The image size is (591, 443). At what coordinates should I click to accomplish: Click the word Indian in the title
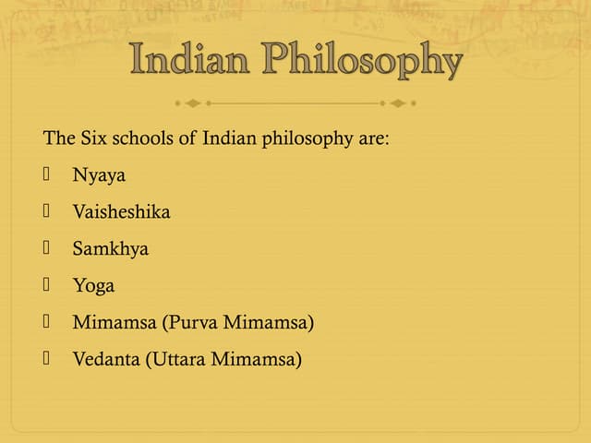(192, 61)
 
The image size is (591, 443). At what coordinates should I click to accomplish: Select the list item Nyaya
(99, 175)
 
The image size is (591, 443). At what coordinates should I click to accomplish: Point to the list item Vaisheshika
(121, 211)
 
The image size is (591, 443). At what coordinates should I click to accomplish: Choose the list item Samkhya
(110, 248)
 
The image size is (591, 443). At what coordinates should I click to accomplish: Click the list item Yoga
(93, 286)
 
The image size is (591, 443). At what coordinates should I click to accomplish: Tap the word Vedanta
(106, 359)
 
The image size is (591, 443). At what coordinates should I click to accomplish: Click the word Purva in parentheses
(182, 322)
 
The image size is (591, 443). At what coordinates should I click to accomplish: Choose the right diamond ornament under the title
(399, 102)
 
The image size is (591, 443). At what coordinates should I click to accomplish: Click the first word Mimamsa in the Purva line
(104, 322)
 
